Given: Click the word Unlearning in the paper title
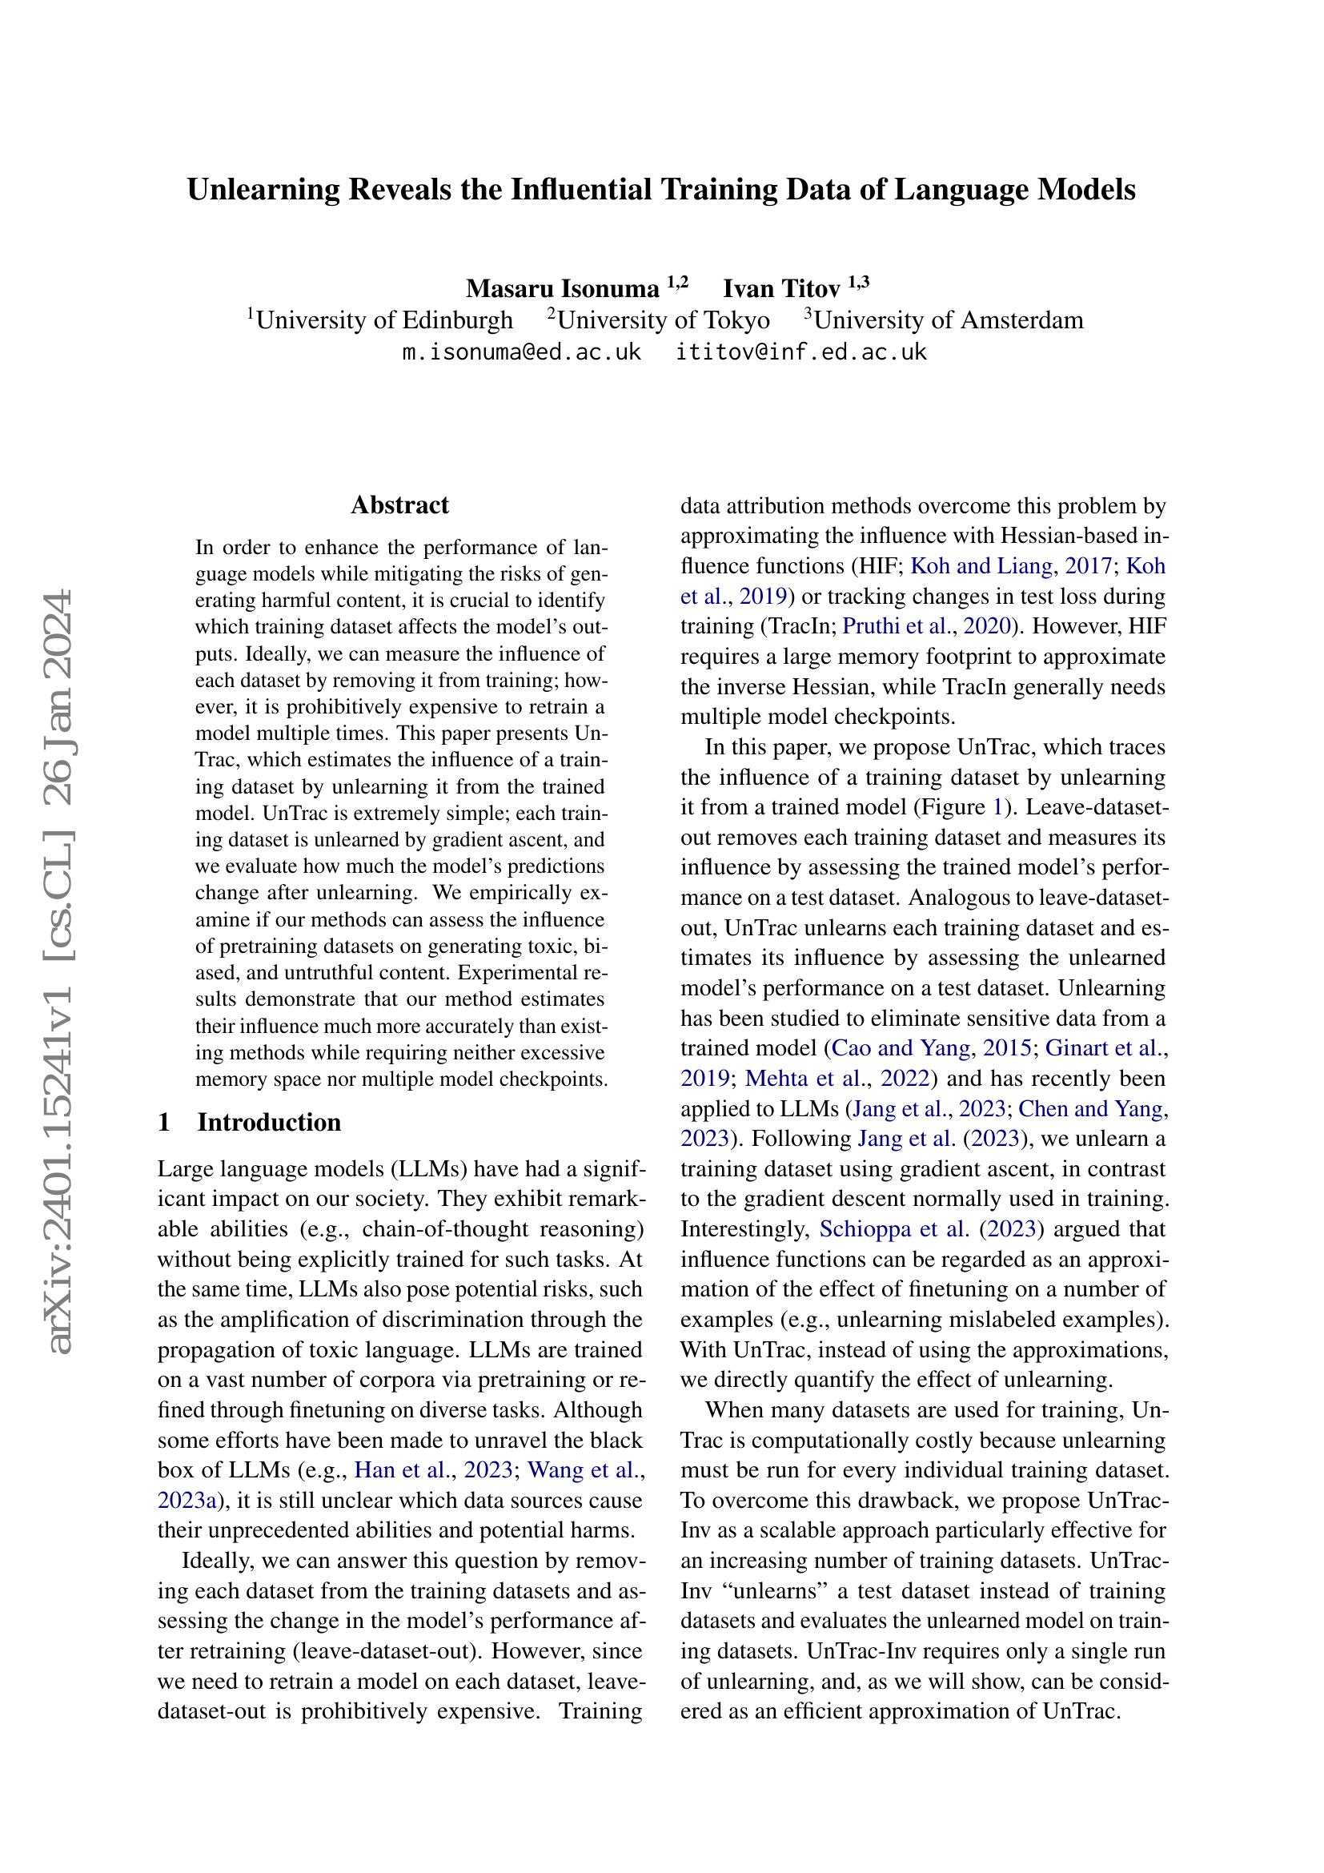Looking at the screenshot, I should point(263,190).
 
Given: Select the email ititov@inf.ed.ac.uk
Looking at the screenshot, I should point(801,352).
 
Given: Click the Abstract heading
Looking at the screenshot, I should point(399,505).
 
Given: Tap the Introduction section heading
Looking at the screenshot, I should point(269,1123).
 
